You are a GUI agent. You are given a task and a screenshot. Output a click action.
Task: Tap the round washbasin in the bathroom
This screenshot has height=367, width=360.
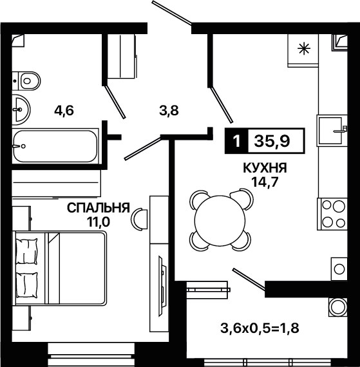tap(21, 109)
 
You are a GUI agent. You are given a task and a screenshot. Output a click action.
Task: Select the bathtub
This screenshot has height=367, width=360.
tap(55, 146)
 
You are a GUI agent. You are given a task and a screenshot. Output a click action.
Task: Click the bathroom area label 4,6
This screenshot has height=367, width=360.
tap(64, 110)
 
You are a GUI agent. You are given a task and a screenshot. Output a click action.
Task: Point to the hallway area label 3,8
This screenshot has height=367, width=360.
tap(169, 110)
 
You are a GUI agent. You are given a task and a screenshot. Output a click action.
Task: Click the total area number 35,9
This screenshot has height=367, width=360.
tap(272, 141)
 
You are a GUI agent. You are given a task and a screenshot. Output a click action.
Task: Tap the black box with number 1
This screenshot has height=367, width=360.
tap(236, 141)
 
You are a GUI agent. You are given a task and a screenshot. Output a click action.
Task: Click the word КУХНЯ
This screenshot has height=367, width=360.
tap(265, 168)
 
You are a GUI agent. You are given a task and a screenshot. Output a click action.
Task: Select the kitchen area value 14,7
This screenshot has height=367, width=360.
tap(265, 182)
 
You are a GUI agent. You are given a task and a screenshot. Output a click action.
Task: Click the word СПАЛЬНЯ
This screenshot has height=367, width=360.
tap(99, 207)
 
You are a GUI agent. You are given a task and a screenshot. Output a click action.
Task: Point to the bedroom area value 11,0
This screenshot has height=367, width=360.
tap(99, 221)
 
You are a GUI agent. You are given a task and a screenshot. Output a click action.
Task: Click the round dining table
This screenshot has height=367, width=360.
tap(220, 220)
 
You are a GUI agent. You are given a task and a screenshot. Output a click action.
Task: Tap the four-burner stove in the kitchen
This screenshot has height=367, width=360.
tap(332, 214)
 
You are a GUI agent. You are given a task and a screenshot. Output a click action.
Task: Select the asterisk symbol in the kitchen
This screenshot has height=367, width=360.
tap(304, 49)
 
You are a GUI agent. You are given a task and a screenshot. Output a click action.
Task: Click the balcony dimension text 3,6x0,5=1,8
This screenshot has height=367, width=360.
tap(260, 328)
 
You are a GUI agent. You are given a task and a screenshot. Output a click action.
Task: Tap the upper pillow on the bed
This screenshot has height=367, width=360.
tap(26, 251)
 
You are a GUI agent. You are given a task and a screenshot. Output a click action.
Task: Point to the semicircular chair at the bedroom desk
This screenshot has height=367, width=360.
tap(140, 219)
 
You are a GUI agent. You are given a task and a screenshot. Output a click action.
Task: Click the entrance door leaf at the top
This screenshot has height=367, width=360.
tap(172, 13)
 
